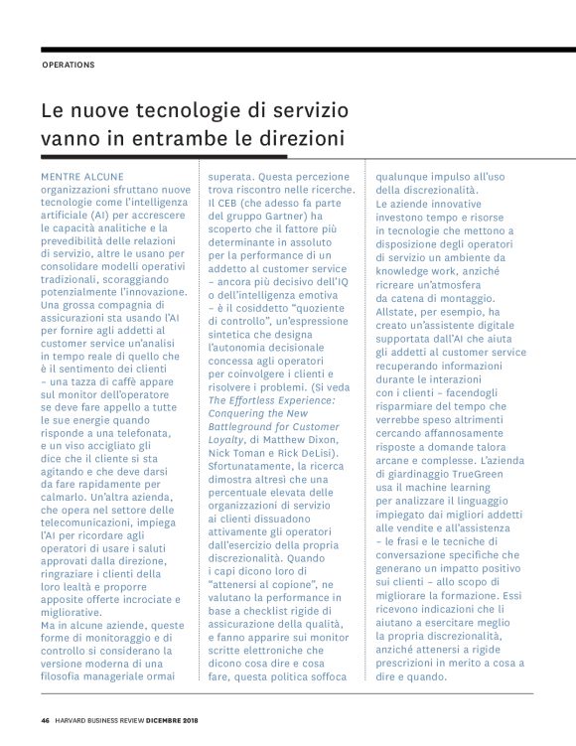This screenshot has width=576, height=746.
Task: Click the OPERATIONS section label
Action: coord(69,66)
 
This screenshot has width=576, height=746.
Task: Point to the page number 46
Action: coord(46,720)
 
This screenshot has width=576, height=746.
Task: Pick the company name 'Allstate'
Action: coord(396,311)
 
